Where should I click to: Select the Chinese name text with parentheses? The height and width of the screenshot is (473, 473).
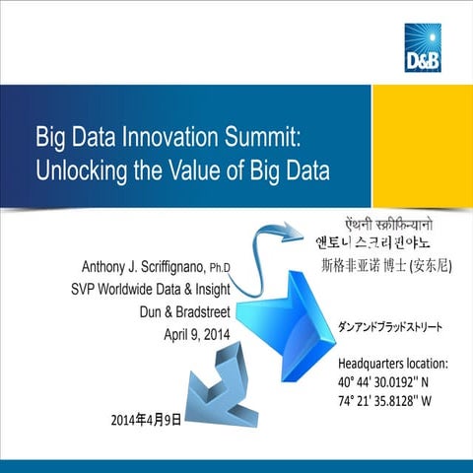pyautogui.click(x=386, y=263)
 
